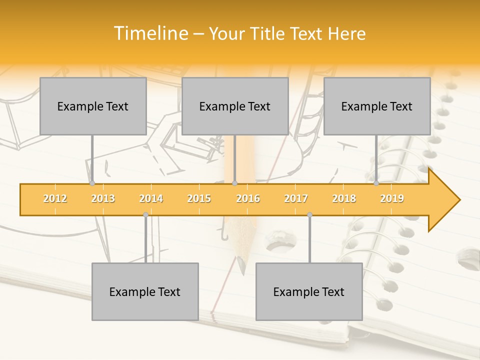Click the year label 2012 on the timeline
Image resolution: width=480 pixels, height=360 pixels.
pos(55,198)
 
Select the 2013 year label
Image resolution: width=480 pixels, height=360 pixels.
pos(103,198)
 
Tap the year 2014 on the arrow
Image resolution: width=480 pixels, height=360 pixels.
pos(151,198)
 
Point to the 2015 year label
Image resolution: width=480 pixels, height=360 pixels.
pos(199,198)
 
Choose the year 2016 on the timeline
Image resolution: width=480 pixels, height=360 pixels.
pos(248,198)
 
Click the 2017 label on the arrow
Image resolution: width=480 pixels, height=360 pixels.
pos(296,198)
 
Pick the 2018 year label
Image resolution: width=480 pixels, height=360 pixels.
pos(344,198)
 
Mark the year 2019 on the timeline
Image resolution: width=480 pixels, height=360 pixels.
pos(392,198)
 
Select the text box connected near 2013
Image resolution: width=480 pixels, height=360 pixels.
pos(93,106)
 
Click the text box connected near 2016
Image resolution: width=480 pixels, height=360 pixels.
pos(235,106)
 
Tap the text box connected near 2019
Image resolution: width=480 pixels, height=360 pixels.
pos(377,106)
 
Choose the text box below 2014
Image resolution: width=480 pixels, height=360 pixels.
pos(145,291)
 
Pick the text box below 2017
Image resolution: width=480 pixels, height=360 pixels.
pos(309,291)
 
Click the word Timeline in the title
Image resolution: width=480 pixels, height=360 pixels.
pos(150,33)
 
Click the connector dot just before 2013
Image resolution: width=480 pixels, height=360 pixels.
pos(92,183)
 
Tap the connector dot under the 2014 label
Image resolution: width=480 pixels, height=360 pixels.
pos(145,214)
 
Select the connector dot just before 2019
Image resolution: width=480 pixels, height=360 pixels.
pos(376,183)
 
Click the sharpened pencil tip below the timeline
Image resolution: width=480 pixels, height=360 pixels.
pos(242,270)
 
